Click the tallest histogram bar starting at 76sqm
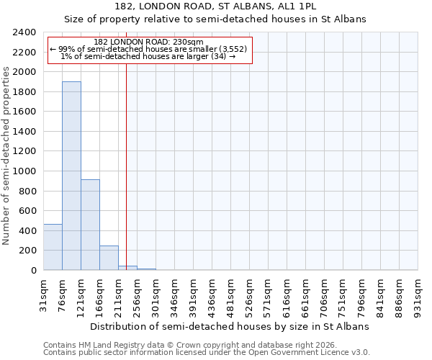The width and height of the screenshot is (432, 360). click(71, 176)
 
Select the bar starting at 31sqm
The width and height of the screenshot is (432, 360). click(53, 247)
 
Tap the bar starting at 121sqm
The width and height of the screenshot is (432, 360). click(90, 225)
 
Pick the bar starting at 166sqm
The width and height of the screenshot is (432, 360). click(109, 258)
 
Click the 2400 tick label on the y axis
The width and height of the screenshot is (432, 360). click(24, 32)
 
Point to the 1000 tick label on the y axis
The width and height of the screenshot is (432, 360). click(24, 171)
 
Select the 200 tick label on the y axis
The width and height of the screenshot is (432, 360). click(27, 251)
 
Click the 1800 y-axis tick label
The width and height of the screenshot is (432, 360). click(24, 92)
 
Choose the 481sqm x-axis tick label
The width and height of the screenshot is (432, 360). click(231, 296)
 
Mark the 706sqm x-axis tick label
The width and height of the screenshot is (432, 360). click(325, 296)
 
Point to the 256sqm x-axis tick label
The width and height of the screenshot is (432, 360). click(138, 296)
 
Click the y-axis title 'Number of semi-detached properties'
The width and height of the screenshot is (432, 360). click(6, 156)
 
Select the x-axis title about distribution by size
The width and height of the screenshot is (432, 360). click(230, 326)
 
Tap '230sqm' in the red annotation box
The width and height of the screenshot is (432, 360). click(189, 42)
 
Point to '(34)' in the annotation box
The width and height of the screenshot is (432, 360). click(215, 56)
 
